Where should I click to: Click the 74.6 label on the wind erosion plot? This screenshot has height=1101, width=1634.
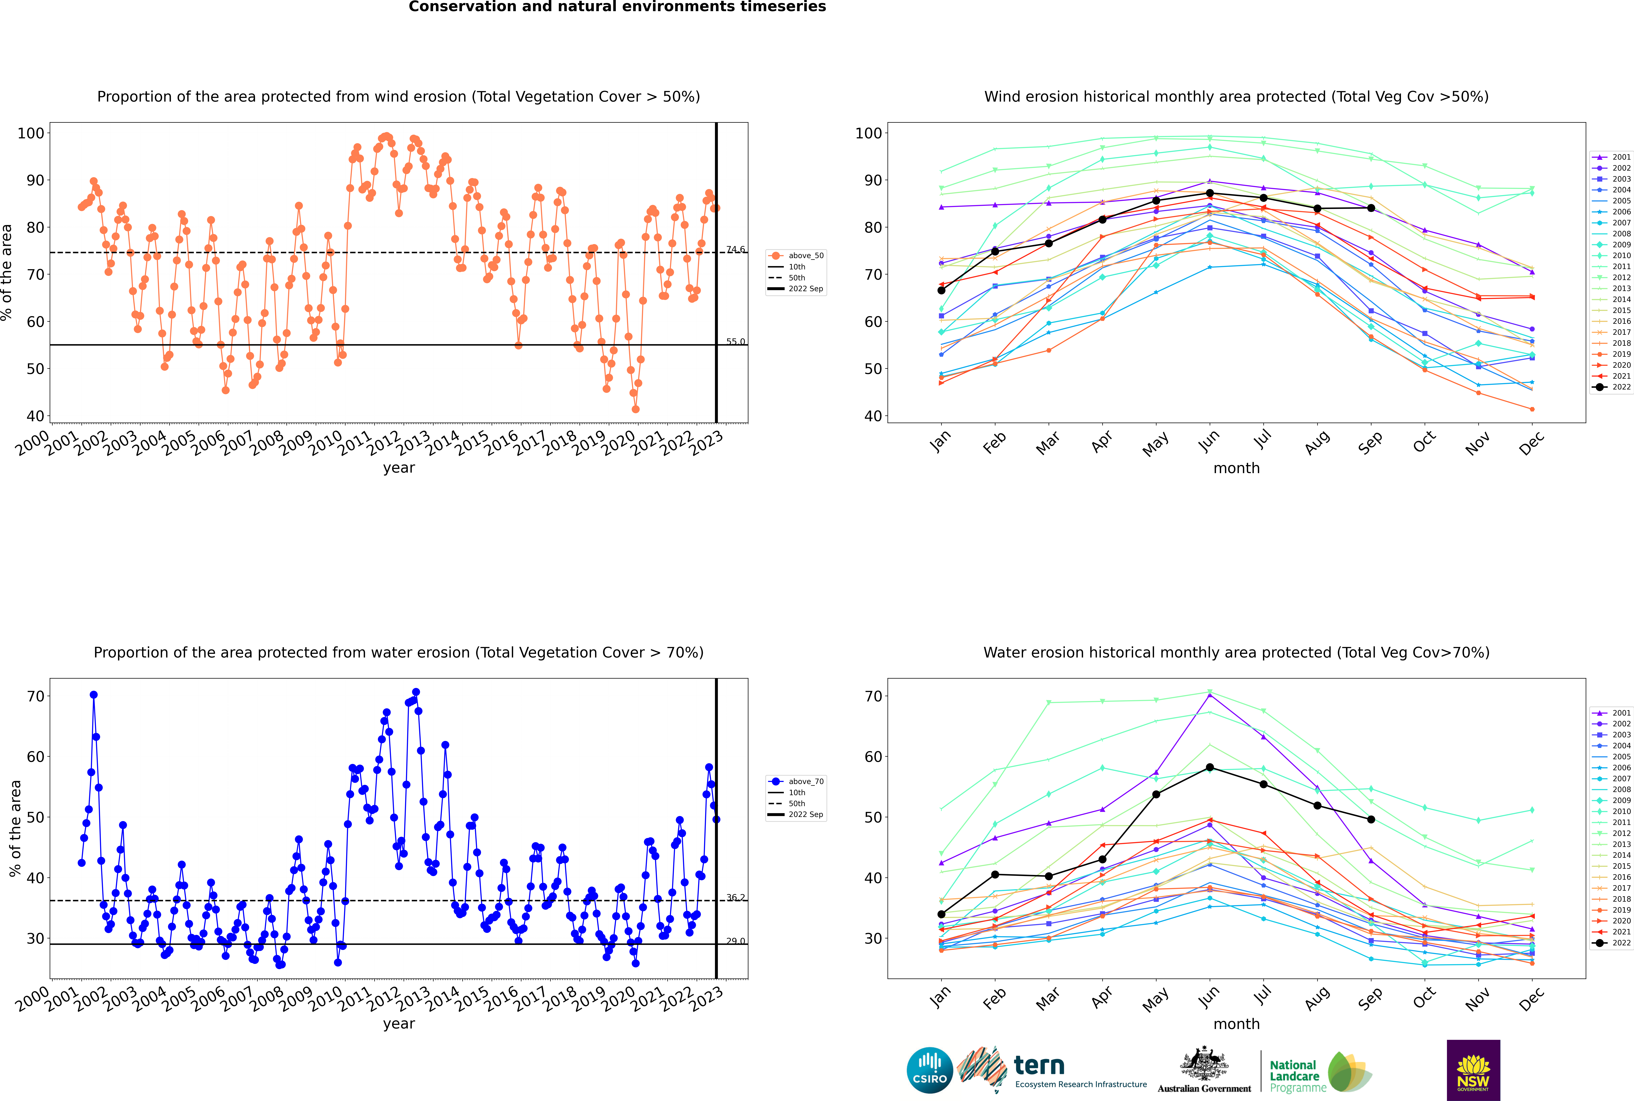(x=736, y=249)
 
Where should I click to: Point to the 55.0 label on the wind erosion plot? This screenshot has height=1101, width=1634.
(x=736, y=342)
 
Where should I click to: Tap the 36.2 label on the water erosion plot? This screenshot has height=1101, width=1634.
(x=736, y=897)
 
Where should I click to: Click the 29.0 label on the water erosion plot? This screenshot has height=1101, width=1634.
(x=736, y=941)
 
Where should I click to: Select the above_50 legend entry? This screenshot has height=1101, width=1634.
(x=796, y=256)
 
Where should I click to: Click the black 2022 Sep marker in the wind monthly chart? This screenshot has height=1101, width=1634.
(x=1371, y=208)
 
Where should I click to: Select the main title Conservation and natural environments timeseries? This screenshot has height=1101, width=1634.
(x=617, y=7)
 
